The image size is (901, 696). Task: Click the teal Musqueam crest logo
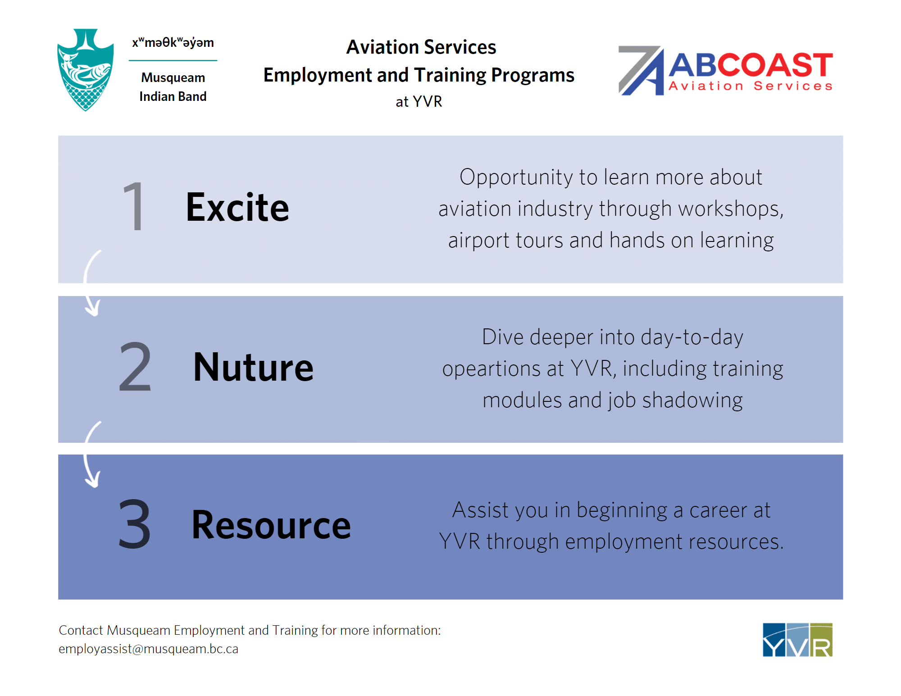86,70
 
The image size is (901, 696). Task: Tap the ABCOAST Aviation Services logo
725,71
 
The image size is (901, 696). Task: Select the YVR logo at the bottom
797,640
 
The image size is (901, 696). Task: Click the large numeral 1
134,206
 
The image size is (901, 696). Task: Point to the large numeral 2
135,366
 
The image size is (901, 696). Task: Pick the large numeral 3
134,524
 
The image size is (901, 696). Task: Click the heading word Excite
237,208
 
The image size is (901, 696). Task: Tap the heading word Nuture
253,368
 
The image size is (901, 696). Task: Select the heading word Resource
271,525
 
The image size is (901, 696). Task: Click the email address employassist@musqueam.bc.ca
148,649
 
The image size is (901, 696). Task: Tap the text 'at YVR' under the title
419,102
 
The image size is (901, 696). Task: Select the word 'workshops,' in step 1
731,209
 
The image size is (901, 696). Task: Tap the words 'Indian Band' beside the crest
173,96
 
